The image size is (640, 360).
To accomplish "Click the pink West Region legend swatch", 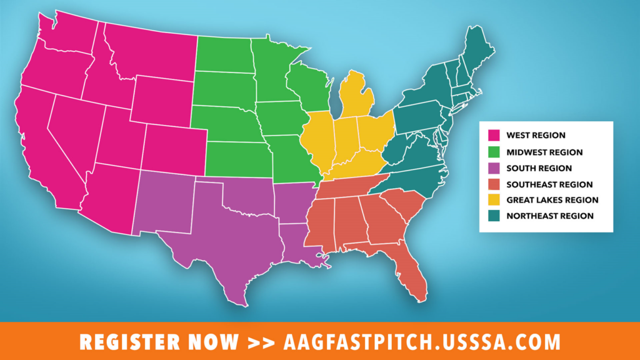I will pyautogui.click(x=494, y=135).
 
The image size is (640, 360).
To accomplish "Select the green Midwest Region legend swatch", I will pyautogui.click(x=494, y=151).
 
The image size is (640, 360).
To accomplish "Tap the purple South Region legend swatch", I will pyautogui.click(x=494, y=167).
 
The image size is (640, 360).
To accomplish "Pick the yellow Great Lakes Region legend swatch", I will pyautogui.click(x=494, y=200).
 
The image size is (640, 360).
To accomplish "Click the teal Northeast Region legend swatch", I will pyautogui.click(x=494, y=216).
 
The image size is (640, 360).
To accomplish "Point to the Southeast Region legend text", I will pyautogui.click(x=549, y=184).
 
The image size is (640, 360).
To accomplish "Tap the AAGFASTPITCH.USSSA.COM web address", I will pyautogui.click(x=422, y=342).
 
